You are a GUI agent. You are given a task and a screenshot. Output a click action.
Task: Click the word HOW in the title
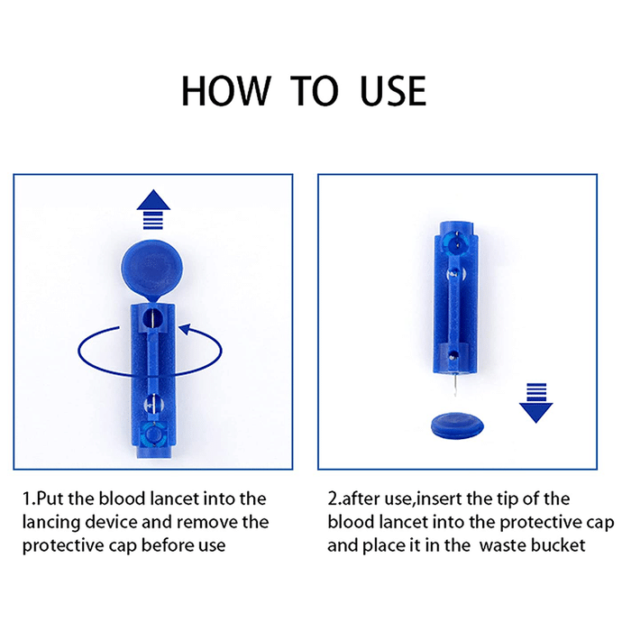[x=226, y=91]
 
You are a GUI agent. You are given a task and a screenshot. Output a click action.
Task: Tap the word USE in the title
[x=393, y=91]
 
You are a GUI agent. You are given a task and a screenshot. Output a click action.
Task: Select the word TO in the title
[x=315, y=91]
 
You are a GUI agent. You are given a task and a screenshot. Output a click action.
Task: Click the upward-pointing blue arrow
[x=153, y=209]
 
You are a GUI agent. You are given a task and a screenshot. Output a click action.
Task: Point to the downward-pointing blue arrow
[x=535, y=403]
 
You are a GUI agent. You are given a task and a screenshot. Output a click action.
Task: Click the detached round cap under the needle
[x=457, y=425]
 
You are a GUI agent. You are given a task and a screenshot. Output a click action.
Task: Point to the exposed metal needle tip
[x=454, y=385]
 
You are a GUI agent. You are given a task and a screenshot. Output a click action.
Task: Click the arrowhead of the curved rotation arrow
[x=185, y=329]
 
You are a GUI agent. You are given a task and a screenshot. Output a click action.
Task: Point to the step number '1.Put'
[x=43, y=499]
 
